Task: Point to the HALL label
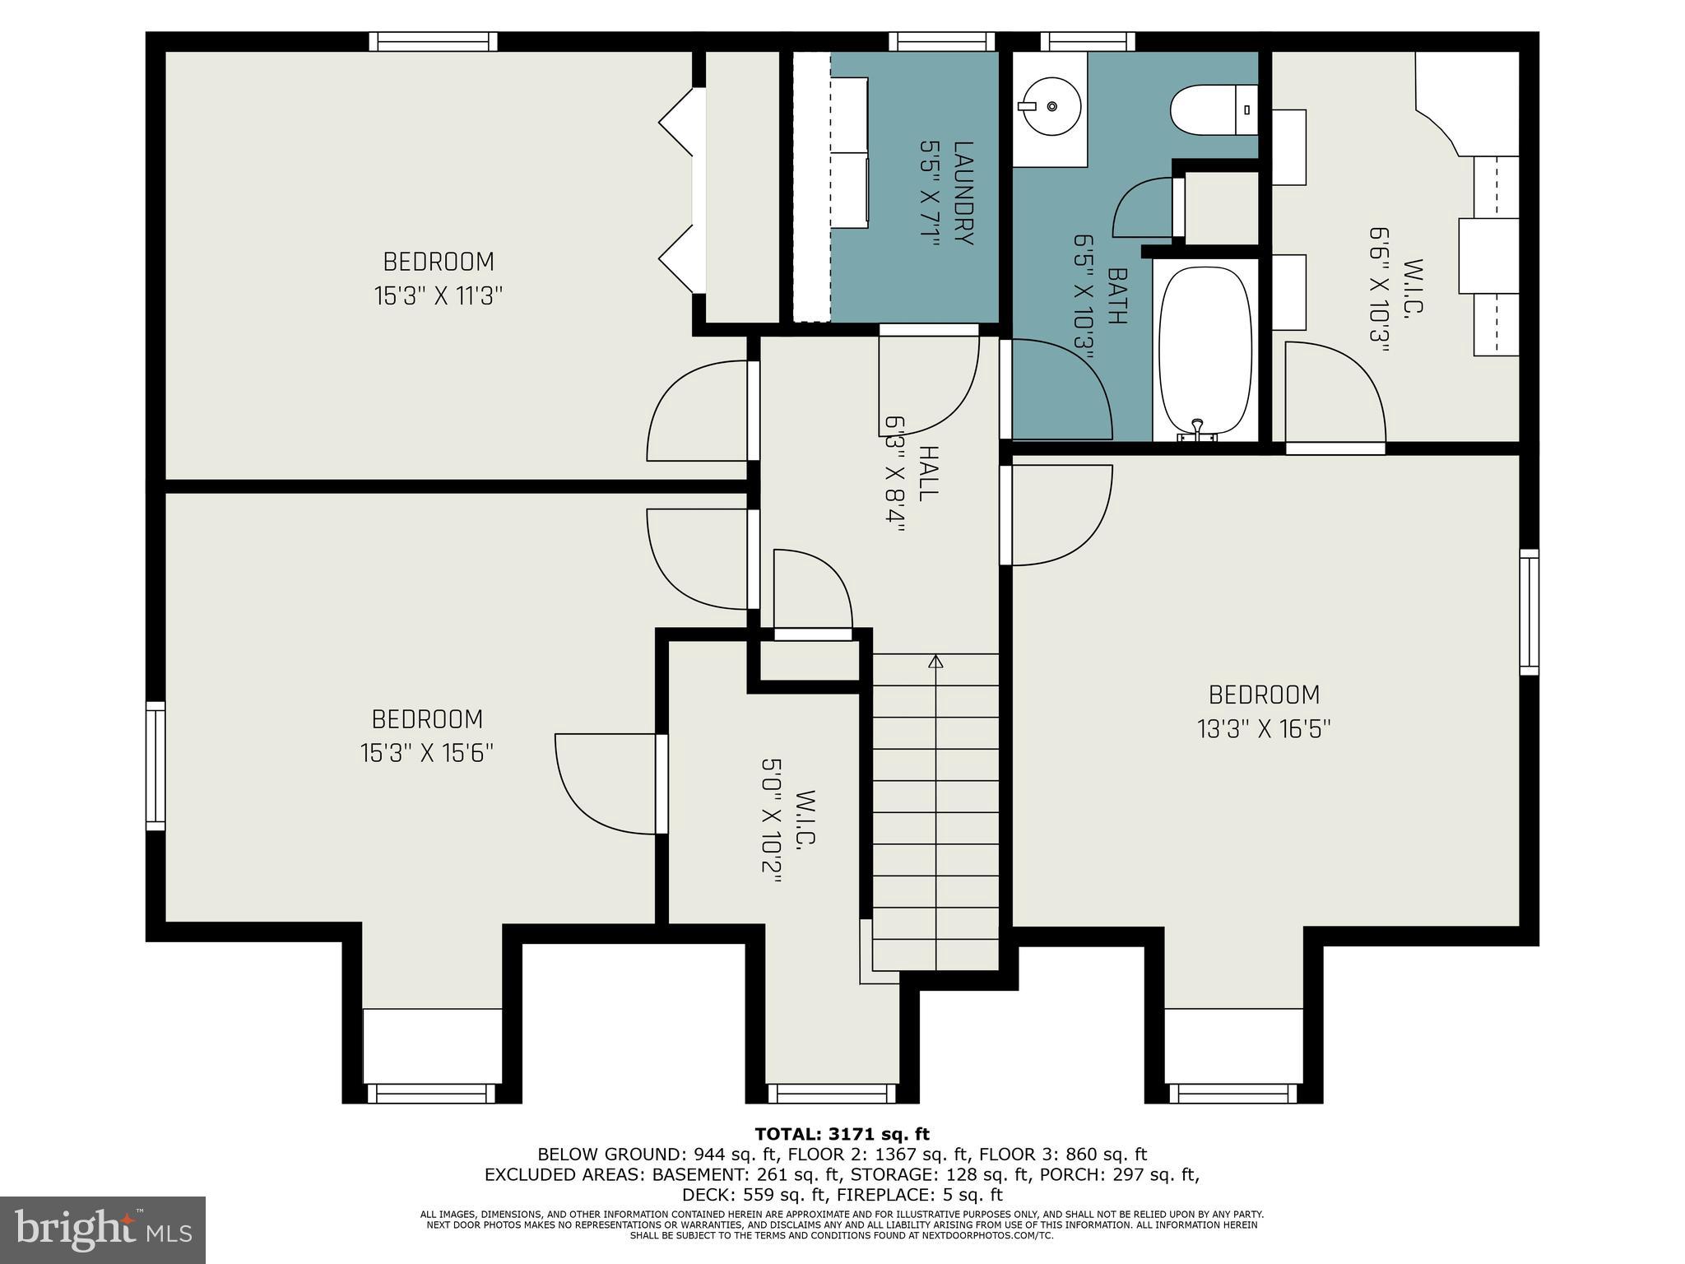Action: tap(927, 473)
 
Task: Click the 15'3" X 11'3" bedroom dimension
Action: tap(439, 295)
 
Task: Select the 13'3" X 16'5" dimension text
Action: tap(1264, 729)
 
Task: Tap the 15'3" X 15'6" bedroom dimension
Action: tap(426, 753)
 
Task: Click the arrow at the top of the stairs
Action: tap(935, 661)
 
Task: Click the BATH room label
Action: tap(1116, 296)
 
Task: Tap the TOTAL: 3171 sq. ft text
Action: tap(842, 1135)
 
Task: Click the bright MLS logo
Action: tap(103, 1230)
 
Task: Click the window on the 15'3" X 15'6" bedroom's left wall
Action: tap(156, 765)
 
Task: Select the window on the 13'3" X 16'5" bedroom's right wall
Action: tap(1529, 612)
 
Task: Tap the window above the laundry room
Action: tap(941, 41)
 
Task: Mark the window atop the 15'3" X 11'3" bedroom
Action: tap(433, 41)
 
